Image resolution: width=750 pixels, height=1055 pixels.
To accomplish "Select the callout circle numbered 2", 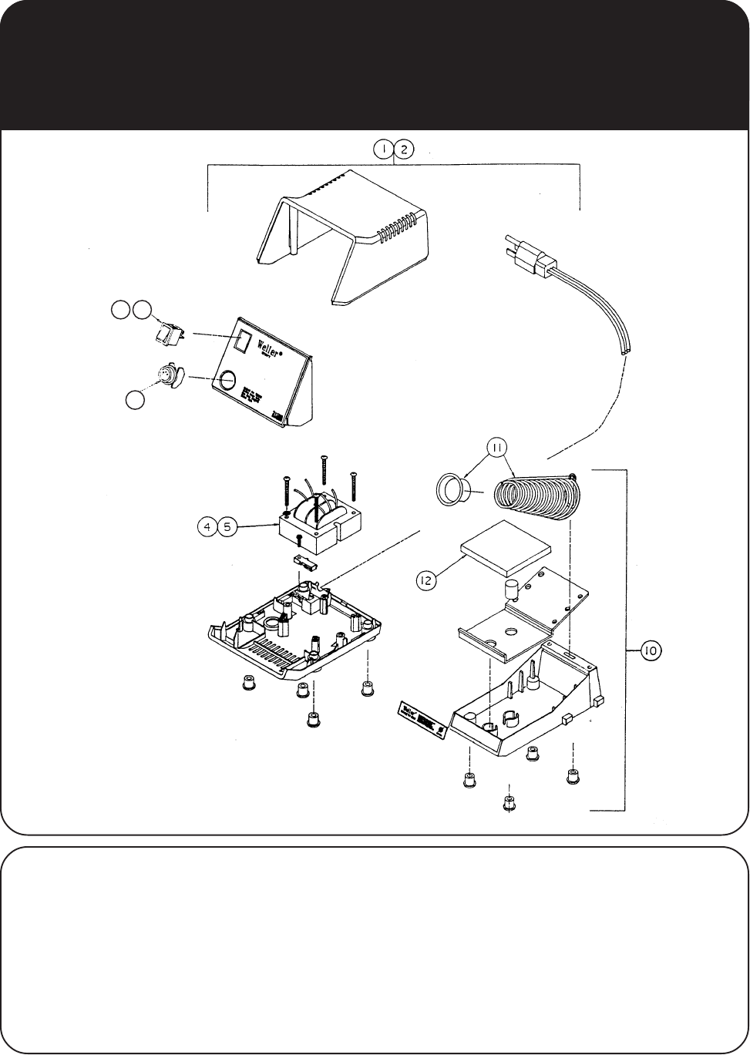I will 404,150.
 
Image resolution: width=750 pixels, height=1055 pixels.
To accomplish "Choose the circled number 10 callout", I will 650,651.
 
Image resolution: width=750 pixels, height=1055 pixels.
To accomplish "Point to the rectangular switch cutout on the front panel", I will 244,341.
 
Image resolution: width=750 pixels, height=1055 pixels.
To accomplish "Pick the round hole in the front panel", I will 227,380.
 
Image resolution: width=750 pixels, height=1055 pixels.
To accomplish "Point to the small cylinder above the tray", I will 510,590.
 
